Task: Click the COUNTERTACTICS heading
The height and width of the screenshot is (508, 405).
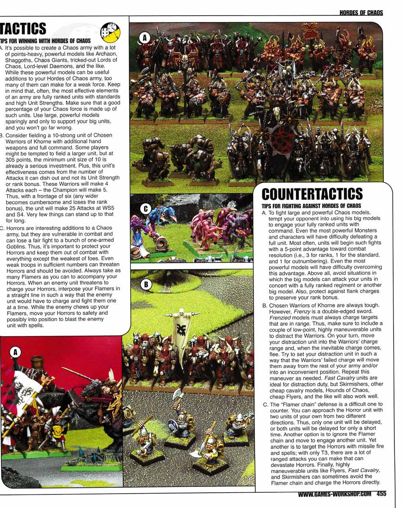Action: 312,194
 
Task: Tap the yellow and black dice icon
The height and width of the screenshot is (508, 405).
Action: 110,32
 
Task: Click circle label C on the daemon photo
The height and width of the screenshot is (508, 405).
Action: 145,208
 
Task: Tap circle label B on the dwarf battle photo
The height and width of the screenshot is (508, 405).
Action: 145,284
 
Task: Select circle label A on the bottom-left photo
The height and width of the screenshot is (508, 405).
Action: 15,351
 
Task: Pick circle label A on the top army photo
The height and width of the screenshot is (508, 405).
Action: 145,38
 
